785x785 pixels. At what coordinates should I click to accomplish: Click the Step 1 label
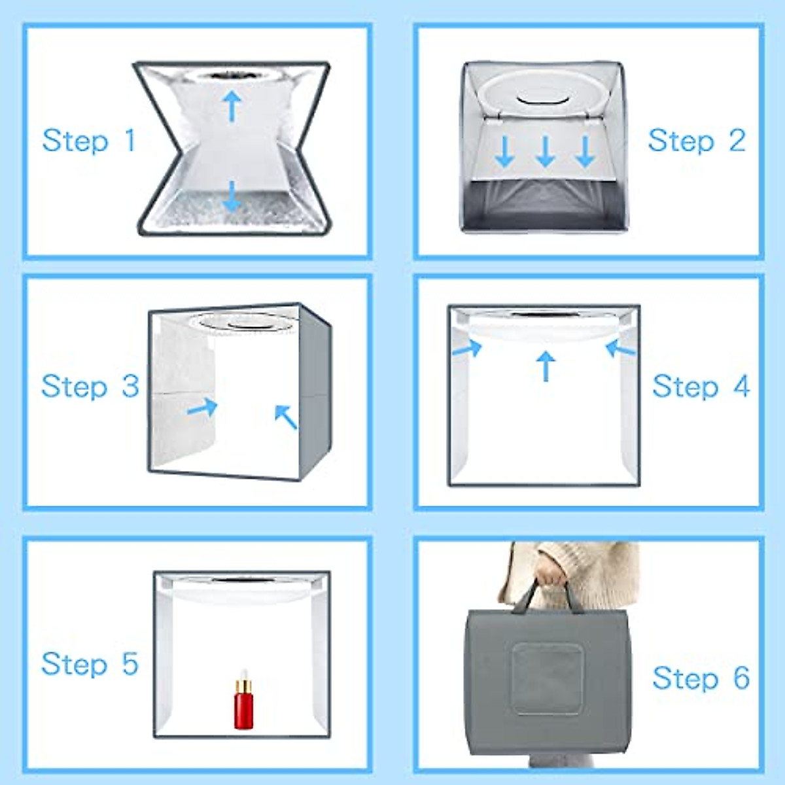pyautogui.click(x=89, y=141)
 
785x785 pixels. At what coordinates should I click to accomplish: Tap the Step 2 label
pyautogui.click(x=696, y=141)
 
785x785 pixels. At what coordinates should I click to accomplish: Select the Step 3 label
pyautogui.click(x=90, y=386)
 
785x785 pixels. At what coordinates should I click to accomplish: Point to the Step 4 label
pyautogui.click(x=701, y=387)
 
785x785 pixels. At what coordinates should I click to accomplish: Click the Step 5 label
pyautogui.click(x=90, y=664)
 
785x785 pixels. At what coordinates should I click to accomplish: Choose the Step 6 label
pyautogui.click(x=701, y=678)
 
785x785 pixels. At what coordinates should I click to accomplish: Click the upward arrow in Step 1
pyautogui.click(x=232, y=105)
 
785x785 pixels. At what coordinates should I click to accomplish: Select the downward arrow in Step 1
pyautogui.click(x=232, y=196)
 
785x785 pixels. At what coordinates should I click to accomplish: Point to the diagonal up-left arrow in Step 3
pyautogui.click(x=286, y=417)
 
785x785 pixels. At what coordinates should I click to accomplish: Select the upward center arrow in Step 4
pyautogui.click(x=545, y=366)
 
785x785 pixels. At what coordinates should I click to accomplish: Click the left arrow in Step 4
pyautogui.click(x=467, y=349)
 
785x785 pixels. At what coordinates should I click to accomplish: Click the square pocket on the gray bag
pyautogui.click(x=547, y=678)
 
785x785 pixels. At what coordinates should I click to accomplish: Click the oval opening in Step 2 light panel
pyautogui.click(x=544, y=100)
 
